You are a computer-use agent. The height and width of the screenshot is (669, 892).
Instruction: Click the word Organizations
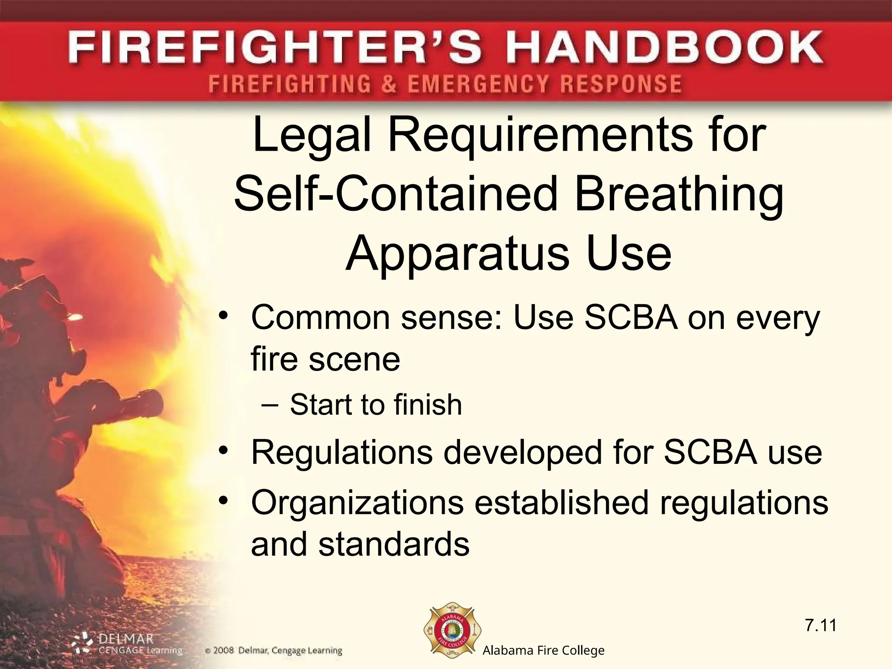pyautogui.click(x=357, y=503)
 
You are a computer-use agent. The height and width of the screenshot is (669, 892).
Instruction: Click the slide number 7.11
pyautogui.click(x=821, y=625)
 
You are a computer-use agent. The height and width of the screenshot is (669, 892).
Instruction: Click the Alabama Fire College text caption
pyautogui.click(x=544, y=651)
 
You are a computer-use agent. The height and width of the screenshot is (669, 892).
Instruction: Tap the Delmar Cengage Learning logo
pyautogui.click(x=126, y=644)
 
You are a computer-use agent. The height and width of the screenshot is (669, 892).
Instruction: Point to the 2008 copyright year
pyautogui.click(x=224, y=651)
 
